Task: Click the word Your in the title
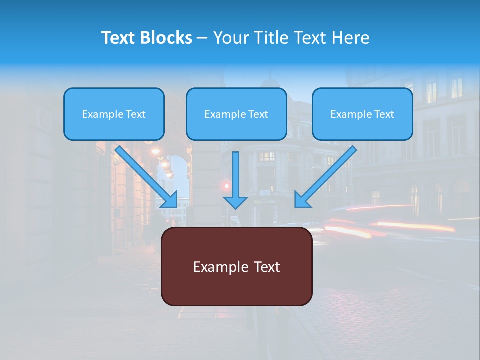click(x=230, y=38)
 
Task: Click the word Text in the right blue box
click(x=384, y=114)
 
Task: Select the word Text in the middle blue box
click(x=258, y=114)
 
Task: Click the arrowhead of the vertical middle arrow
click(x=236, y=202)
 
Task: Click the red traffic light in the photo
click(x=226, y=186)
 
